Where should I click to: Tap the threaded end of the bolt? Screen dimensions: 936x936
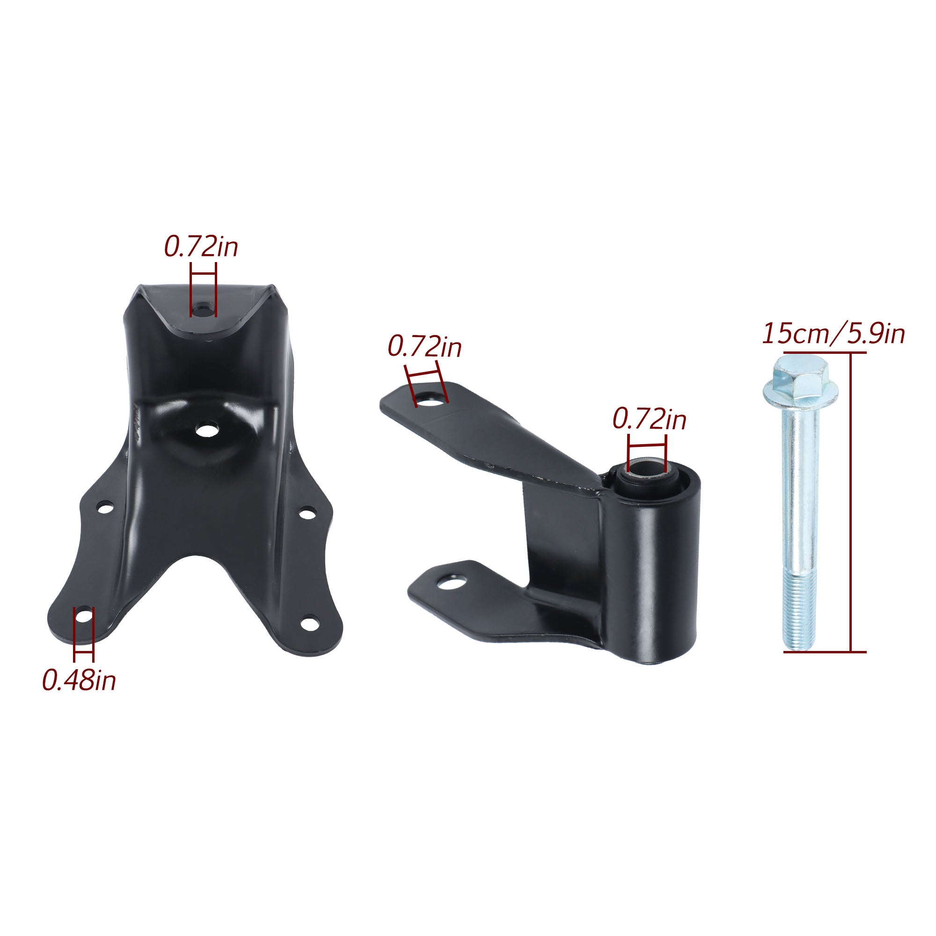[x=799, y=610]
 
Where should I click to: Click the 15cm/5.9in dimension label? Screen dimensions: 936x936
[x=834, y=334]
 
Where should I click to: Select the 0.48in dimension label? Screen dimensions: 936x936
[x=79, y=680]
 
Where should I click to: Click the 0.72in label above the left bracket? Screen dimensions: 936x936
[x=201, y=247]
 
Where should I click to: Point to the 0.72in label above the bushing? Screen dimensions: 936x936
[x=649, y=419]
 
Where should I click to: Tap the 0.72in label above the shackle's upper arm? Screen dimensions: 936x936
[x=425, y=347]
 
